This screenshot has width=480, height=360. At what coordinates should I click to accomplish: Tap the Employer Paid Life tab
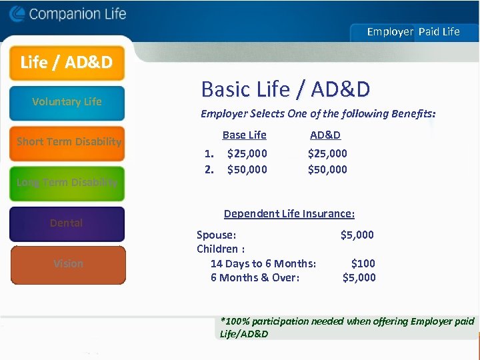click(x=413, y=31)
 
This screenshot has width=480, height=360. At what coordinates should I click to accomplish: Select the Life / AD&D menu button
click(x=66, y=63)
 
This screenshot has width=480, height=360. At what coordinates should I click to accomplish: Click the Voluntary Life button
click(x=67, y=102)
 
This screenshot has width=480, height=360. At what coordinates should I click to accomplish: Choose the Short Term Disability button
click(x=68, y=142)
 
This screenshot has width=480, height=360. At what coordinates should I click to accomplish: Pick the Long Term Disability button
click(x=67, y=183)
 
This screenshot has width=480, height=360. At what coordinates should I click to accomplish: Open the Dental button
click(x=67, y=223)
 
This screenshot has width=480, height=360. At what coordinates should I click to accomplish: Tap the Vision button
click(x=68, y=264)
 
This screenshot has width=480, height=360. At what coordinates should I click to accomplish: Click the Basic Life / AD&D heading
click(x=285, y=89)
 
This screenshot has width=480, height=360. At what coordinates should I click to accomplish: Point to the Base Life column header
click(x=244, y=135)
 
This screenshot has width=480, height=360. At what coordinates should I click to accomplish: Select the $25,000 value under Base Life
click(x=247, y=153)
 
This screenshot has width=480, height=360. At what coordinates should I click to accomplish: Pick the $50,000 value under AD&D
click(x=327, y=169)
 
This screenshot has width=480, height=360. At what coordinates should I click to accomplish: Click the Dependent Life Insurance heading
click(x=289, y=214)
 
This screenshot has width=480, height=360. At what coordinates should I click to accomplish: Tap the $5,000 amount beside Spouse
click(x=357, y=235)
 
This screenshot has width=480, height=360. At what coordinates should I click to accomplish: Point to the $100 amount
click(x=363, y=263)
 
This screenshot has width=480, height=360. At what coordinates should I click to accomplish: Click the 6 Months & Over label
click(x=255, y=277)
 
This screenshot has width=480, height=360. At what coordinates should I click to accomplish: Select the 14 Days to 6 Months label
click(x=263, y=263)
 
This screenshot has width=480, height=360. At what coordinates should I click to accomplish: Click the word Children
click(x=220, y=249)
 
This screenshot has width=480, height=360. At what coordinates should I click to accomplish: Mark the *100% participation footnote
click(x=347, y=327)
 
